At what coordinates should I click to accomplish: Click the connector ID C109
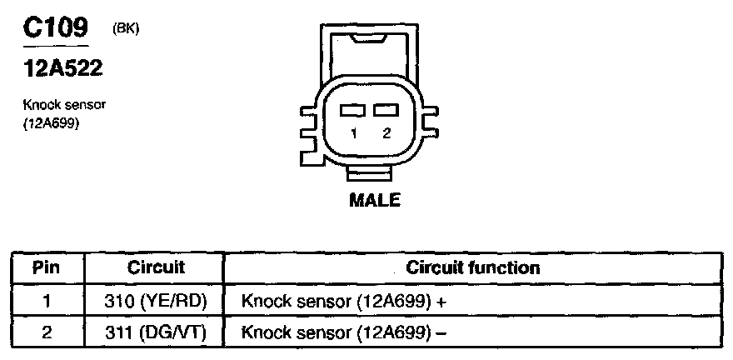pos(54,28)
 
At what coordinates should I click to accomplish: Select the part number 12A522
pos(62,70)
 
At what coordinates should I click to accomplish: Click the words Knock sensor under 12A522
pos(65,105)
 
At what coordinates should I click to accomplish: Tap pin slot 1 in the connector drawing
pos(353,110)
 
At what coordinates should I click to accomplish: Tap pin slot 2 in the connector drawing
pos(385,110)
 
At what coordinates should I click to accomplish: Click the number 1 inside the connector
pos(353,132)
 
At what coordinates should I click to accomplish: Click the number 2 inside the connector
pos(386,132)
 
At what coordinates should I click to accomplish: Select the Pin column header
pos(47,268)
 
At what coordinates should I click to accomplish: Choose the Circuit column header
pos(156,268)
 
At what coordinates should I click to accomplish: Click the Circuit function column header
pos(472,268)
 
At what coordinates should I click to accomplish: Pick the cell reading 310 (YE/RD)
pos(156,300)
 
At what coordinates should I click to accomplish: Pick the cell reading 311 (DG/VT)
pos(156,332)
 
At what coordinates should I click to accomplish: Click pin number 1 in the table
pos(47,300)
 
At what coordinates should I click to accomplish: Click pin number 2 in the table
pos(47,332)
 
